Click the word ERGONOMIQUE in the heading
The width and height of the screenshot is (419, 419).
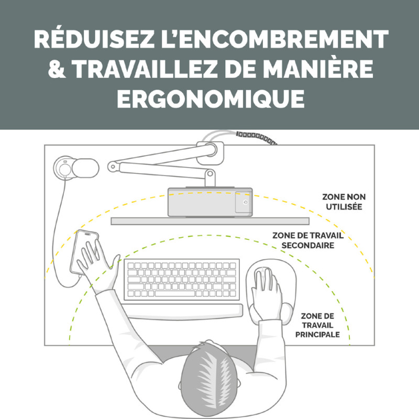click(x=211, y=98)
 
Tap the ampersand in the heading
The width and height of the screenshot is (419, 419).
click(x=57, y=69)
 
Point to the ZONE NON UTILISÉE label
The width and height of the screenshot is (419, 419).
click(x=344, y=202)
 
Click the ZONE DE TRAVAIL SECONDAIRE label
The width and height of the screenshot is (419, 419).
click(x=308, y=240)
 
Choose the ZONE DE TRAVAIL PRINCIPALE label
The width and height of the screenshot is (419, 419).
click(x=317, y=325)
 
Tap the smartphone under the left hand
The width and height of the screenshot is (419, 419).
click(x=84, y=253)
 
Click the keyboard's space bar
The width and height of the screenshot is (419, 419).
click(x=175, y=293)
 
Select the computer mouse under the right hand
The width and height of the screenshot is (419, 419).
click(x=264, y=281)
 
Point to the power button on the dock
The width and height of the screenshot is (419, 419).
click(x=245, y=202)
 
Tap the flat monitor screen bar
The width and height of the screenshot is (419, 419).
click(x=210, y=221)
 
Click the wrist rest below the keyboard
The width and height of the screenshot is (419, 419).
click(x=184, y=311)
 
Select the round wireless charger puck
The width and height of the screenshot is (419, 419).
click(x=64, y=168)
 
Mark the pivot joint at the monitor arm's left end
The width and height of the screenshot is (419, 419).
click(x=113, y=167)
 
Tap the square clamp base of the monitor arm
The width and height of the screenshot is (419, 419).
click(x=210, y=153)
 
